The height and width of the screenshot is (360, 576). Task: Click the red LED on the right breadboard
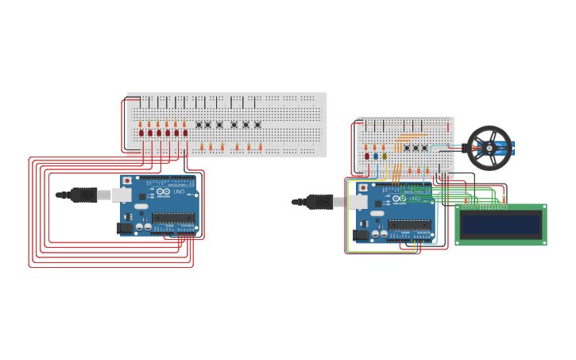click(367, 156)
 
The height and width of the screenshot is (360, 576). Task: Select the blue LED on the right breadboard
click(376, 156)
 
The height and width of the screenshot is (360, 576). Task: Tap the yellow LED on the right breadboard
click(385, 156)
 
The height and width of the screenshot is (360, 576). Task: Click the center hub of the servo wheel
click(489, 148)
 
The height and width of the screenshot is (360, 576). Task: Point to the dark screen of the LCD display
click(501, 224)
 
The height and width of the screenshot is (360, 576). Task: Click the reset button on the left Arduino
click(127, 181)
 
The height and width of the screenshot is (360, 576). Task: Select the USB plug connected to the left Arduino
click(83, 195)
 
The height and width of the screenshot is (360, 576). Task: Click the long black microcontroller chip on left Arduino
click(173, 217)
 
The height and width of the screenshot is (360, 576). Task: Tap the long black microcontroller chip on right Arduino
click(409, 224)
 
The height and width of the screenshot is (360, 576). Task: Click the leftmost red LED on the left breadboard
click(141, 133)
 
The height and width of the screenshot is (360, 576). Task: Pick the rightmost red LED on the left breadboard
click(185, 133)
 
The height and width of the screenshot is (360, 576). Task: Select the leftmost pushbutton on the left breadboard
click(199, 125)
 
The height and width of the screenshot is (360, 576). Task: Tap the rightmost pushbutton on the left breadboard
click(257, 125)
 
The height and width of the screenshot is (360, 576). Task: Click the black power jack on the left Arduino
click(125, 228)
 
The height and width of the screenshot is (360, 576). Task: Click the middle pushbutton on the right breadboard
click(415, 148)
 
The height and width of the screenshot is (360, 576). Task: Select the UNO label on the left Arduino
click(179, 192)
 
